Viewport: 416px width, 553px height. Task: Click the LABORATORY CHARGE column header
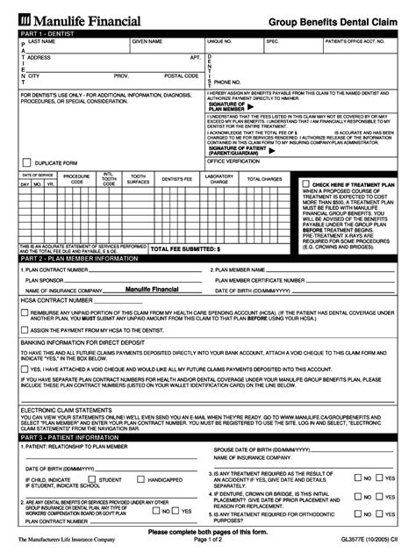pos(219,179)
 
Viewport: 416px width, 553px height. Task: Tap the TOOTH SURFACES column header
pos(139,179)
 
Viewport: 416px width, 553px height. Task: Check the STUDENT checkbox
pos(93,480)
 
